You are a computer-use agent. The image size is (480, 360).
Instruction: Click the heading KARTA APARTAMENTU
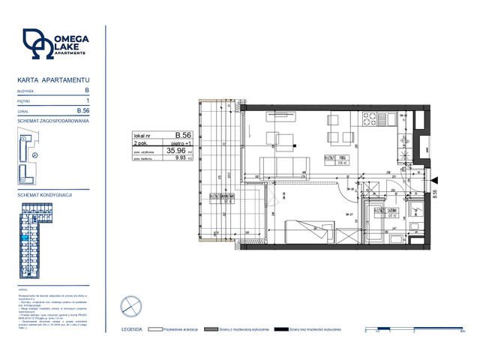pyautogui.click(x=52, y=79)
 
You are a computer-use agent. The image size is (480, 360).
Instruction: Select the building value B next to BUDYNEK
pyautogui.click(x=88, y=90)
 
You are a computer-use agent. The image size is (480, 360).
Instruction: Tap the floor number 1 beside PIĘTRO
pyautogui.click(x=88, y=100)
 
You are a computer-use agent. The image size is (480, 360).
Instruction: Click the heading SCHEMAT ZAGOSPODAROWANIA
pyautogui.click(x=53, y=121)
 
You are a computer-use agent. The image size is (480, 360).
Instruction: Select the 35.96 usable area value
pyautogui.click(x=177, y=150)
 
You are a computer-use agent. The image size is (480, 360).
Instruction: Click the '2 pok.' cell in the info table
pyautogui.click(x=142, y=142)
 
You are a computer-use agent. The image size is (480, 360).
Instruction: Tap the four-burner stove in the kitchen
pyautogui.click(x=369, y=119)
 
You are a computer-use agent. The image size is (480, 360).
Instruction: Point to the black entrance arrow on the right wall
pyautogui.click(x=432, y=179)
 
